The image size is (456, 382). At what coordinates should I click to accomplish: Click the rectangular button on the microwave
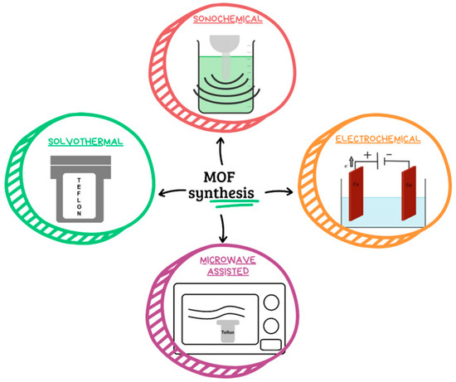pyautogui.click(x=271, y=344)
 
